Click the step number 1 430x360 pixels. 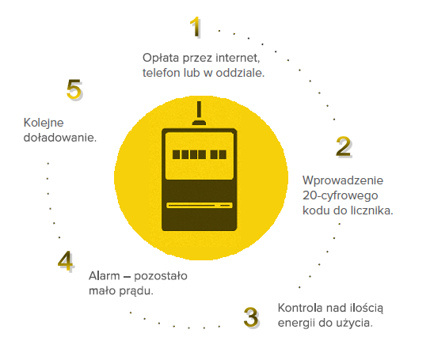coord(196,27)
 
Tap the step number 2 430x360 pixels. coord(344,146)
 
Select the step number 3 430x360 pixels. coord(251,317)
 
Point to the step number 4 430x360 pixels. coord(66,261)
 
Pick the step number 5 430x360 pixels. coord(74,89)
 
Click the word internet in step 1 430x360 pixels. coord(238,58)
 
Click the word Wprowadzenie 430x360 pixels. coord(343,180)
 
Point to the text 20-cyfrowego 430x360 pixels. coord(341,196)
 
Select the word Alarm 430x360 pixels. coord(105,276)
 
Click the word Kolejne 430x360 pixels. coord(44,123)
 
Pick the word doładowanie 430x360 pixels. coord(60,138)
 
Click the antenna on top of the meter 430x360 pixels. coord(199,113)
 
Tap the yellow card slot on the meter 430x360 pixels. coord(200,205)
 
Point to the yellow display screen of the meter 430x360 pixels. coord(200,156)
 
